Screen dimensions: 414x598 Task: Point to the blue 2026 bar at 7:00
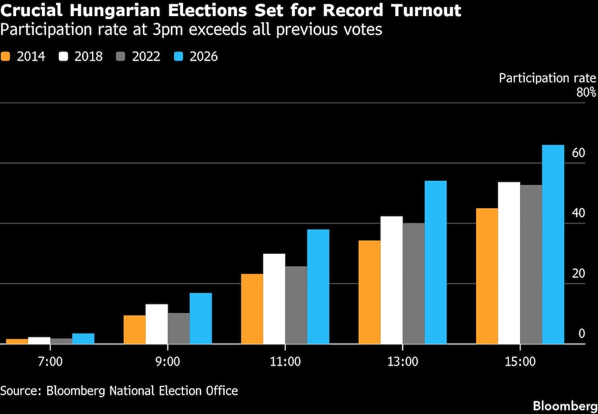point(83,339)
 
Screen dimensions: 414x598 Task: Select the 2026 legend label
point(204,57)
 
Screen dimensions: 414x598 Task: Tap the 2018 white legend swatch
point(64,57)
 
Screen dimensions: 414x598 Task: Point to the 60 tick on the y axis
point(578,153)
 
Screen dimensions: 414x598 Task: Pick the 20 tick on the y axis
point(578,273)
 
